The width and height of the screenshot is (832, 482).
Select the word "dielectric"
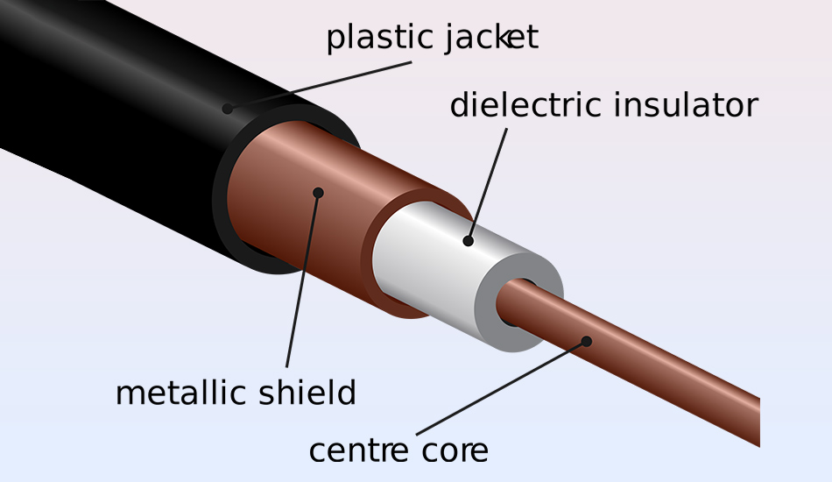[525, 104]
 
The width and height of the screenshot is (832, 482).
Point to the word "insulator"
[687, 104]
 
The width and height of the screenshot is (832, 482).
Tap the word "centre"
[359, 450]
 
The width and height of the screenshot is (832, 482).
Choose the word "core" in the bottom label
[455, 451]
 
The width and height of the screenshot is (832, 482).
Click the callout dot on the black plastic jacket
[228, 109]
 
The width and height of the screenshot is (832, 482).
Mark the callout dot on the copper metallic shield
[319, 193]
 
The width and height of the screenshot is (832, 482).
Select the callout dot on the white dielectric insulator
[468, 241]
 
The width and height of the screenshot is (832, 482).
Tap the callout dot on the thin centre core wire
[586, 341]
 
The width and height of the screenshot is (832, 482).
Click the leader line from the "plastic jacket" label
[320, 85]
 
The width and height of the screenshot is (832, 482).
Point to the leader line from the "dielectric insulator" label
[487, 185]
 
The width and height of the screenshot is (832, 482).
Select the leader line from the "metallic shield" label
[302, 280]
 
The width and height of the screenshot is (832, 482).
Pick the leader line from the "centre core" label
[501, 388]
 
